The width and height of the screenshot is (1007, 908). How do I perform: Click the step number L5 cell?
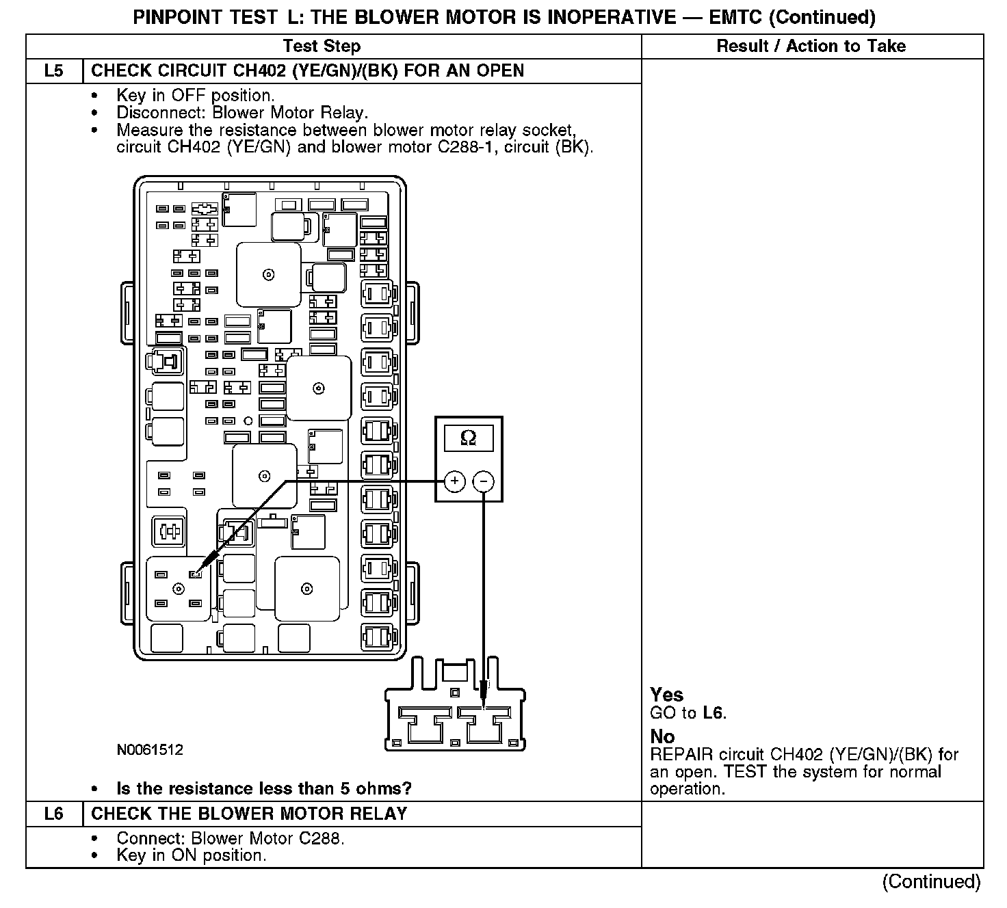[54, 71]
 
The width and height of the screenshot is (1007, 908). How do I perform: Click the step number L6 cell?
[54, 814]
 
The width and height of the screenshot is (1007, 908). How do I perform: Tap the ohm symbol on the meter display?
[469, 438]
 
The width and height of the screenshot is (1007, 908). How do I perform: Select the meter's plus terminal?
[454, 481]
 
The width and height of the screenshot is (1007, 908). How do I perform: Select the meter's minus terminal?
[483, 481]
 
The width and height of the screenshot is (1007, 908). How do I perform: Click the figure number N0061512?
[150, 750]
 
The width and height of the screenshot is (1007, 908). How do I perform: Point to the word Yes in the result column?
[666, 695]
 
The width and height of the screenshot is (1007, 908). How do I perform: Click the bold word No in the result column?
[662, 737]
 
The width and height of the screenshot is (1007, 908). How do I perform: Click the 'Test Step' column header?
[322, 46]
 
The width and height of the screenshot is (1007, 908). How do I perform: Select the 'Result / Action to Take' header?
[811, 46]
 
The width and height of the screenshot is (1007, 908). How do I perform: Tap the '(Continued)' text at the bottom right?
[931, 881]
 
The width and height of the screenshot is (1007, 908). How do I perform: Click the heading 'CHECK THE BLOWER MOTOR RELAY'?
[249, 814]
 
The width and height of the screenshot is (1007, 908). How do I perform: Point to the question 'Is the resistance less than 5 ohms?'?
[264, 788]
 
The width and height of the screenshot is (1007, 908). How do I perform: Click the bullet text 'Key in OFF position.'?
[196, 96]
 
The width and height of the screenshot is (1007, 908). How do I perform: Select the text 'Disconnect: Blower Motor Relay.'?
[242, 113]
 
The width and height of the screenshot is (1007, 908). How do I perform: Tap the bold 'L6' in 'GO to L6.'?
[713, 713]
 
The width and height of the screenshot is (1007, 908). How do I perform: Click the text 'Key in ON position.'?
[191, 855]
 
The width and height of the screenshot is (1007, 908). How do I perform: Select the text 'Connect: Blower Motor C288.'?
[230, 838]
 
